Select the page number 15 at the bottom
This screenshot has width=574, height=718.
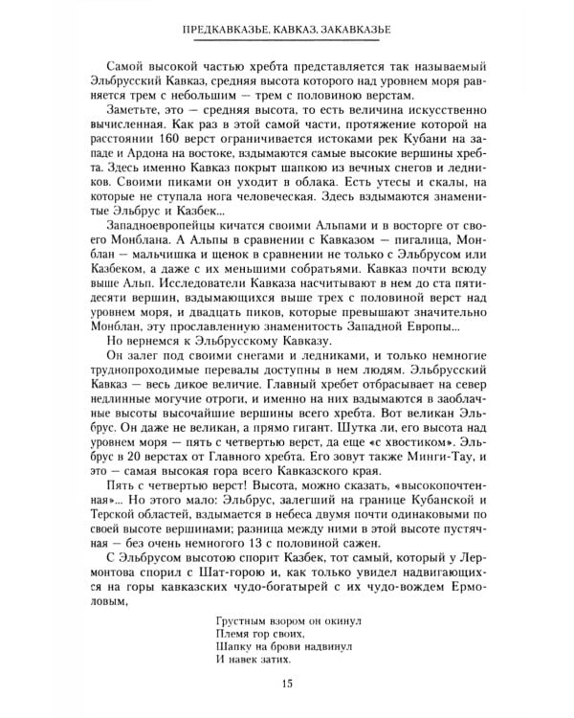point(287,681)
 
